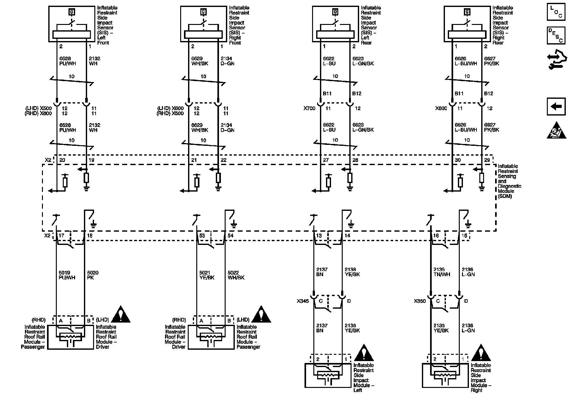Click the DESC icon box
tap(556, 35)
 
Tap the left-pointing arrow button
tap(556, 107)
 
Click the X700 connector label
tap(309, 108)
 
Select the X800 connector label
tap(441, 108)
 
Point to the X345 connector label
tap(303, 301)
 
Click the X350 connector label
tap(420, 301)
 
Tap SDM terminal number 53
tap(202, 236)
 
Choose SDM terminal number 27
tap(326, 160)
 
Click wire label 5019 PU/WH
tap(67, 275)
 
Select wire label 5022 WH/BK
tap(236, 275)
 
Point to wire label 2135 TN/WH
tap(441, 272)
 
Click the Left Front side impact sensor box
tap(72, 24)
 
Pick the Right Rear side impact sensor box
tap(467, 24)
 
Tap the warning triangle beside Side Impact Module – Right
tap(481, 353)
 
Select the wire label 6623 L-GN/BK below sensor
tap(363, 61)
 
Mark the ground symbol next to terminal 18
tap(93, 225)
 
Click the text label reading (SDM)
tap(505, 196)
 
